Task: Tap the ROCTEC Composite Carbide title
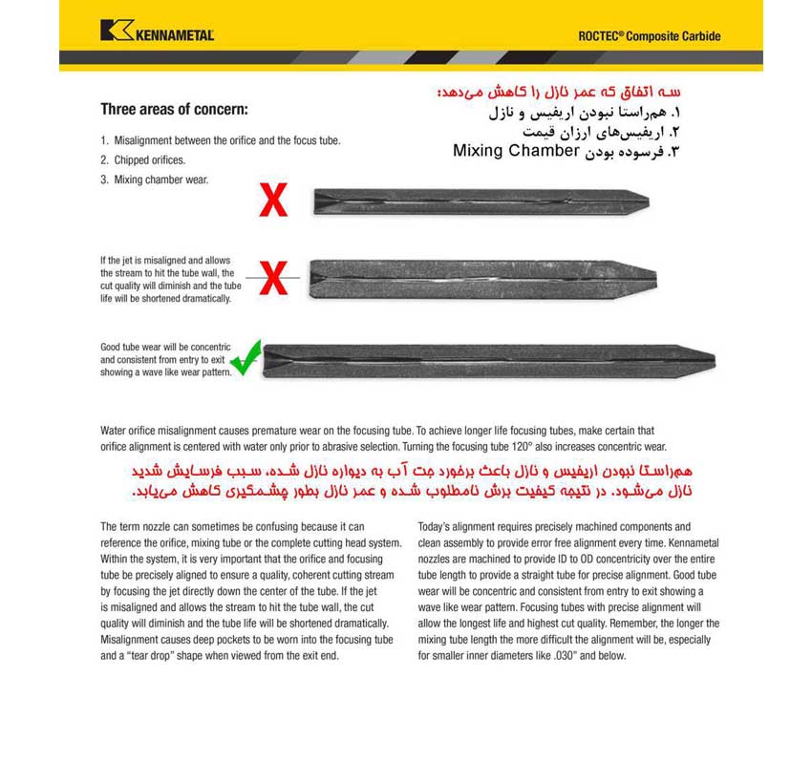click(649, 36)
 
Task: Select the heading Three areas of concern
click(175, 108)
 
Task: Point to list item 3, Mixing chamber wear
click(155, 180)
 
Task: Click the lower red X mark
click(273, 278)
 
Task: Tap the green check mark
click(246, 358)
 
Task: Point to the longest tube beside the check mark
click(488, 361)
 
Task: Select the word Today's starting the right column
click(436, 527)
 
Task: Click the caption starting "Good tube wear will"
click(162, 360)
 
